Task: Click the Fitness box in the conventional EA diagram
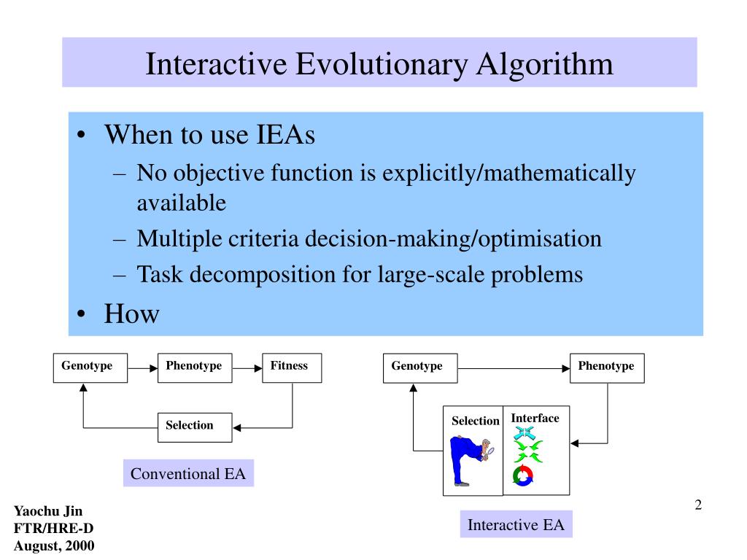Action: click(292, 367)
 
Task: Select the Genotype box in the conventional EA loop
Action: click(90, 367)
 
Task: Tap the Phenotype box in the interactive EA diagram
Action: click(607, 367)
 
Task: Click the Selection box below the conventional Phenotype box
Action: click(195, 427)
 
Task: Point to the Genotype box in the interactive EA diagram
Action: click(420, 367)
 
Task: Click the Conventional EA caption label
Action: click(188, 474)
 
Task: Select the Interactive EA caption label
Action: click(516, 525)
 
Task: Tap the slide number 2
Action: click(698, 506)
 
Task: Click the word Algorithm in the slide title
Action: click(545, 64)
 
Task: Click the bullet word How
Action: click(131, 314)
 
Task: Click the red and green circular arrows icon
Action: click(523, 476)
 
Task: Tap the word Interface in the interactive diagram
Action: click(535, 418)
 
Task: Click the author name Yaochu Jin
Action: click(48, 511)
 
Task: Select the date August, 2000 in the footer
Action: click(54, 545)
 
